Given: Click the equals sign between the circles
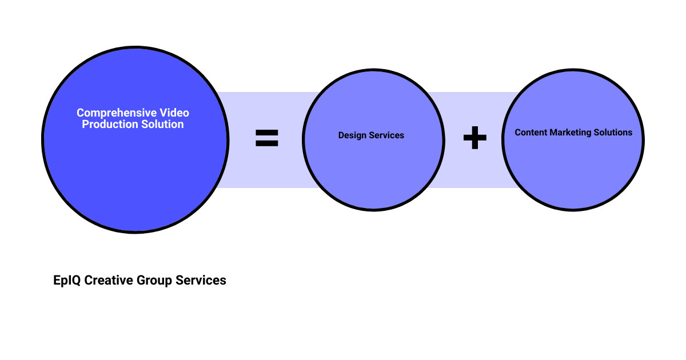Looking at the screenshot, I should point(266,138).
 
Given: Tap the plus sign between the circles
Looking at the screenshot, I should point(474,138).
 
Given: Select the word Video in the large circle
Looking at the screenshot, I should point(174,113).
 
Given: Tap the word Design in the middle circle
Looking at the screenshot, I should point(352,135).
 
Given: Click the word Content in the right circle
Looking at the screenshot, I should point(531,133).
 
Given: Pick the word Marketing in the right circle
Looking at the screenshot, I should point(572,133).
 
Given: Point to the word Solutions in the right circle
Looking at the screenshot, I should point(614,133).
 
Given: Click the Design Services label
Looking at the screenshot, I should point(371,135).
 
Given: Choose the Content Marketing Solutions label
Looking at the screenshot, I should point(573,133).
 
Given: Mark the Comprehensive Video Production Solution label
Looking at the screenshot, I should point(133,119).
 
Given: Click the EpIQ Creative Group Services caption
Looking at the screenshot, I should point(139,281).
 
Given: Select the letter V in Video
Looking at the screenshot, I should point(163,113).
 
